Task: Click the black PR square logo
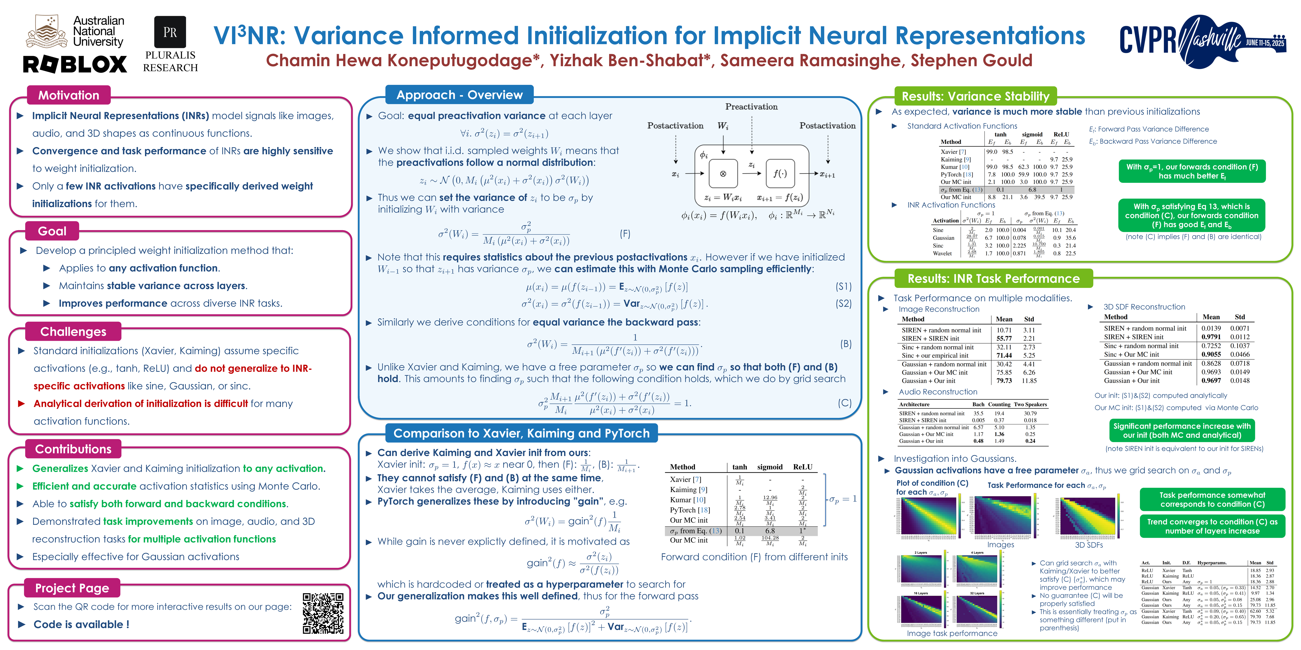pos(170,32)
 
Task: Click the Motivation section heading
pos(69,95)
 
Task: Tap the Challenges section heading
pos(73,332)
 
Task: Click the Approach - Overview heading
pos(459,95)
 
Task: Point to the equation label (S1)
pos(843,287)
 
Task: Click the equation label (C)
pos(844,403)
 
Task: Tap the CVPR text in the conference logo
pos(1148,40)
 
